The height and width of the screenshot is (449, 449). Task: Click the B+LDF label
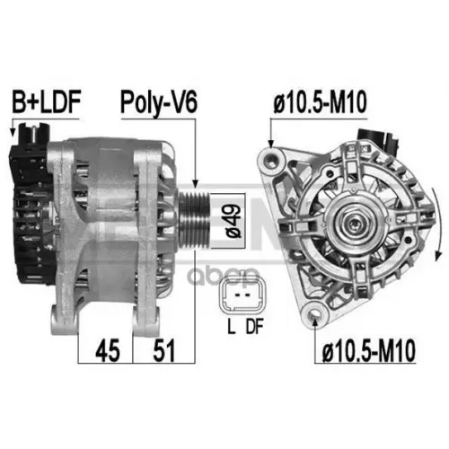(x=47, y=102)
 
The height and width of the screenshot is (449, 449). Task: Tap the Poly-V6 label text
(x=159, y=102)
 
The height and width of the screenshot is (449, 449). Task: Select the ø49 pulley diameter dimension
(x=233, y=221)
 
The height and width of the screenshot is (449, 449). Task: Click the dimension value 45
(x=108, y=350)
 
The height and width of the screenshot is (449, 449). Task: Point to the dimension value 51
(x=163, y=350)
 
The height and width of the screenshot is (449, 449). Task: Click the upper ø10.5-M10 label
(x=320, y=102)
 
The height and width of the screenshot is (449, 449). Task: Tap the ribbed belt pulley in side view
(x=195, y=221)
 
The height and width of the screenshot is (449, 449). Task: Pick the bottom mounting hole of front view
(x=314, y=314)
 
